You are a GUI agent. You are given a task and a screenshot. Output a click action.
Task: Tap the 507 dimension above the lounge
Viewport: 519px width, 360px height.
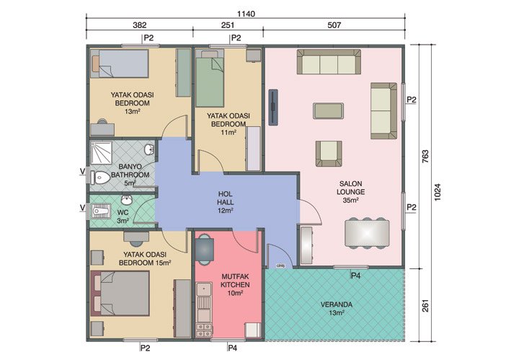334,25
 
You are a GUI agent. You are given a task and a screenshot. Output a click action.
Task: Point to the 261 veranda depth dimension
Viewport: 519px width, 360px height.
423,303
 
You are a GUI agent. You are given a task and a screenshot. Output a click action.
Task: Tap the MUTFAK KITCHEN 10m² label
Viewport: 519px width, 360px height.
235,284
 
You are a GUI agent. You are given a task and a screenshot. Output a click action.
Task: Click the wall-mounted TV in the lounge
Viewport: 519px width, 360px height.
274,106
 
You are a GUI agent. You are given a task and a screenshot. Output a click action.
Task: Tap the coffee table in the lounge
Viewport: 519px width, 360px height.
328,110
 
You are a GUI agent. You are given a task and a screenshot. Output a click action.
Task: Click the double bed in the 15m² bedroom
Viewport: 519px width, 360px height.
120,294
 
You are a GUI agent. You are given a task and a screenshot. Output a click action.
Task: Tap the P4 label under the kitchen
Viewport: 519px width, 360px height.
232,348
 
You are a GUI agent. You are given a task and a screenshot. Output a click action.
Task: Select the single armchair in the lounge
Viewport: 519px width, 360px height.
328,152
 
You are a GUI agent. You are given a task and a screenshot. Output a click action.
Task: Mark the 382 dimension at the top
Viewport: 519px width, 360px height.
139,25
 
